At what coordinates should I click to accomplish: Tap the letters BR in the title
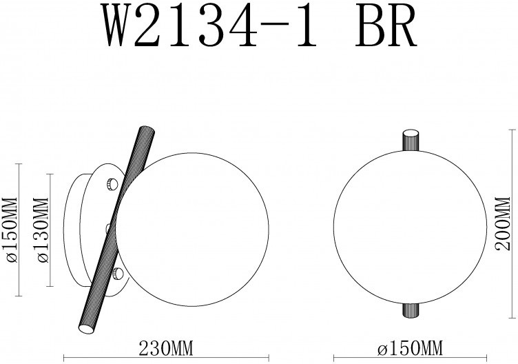[386, 26]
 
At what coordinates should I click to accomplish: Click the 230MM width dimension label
[166, 348]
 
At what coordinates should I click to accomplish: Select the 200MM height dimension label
[504, 223]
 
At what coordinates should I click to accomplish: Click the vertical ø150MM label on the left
[10, 230]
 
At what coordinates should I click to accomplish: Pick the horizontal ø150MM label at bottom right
[409, 348]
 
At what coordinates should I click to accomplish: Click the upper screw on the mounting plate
[112, 183]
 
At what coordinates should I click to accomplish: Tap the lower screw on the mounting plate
[118, 274]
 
